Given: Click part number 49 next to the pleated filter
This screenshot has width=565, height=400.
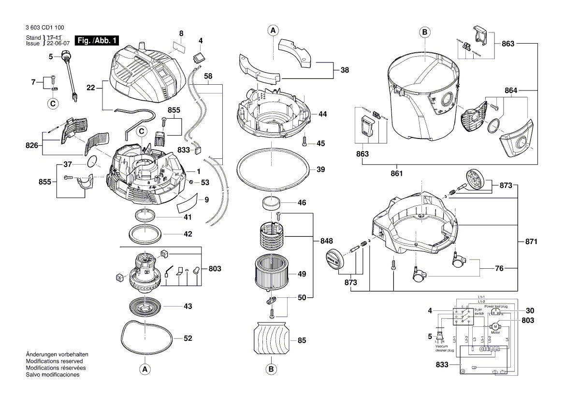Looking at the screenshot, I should pos(302,274).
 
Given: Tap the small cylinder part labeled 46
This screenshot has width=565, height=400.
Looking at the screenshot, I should pos(271,202).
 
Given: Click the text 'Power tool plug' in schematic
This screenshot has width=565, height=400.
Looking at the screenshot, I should pos(496,307).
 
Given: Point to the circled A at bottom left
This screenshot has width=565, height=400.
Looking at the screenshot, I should pos(144,369).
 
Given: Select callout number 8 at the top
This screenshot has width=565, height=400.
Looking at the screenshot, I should pos(181,33).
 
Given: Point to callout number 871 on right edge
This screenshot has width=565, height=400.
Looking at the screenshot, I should pos(531,241).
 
